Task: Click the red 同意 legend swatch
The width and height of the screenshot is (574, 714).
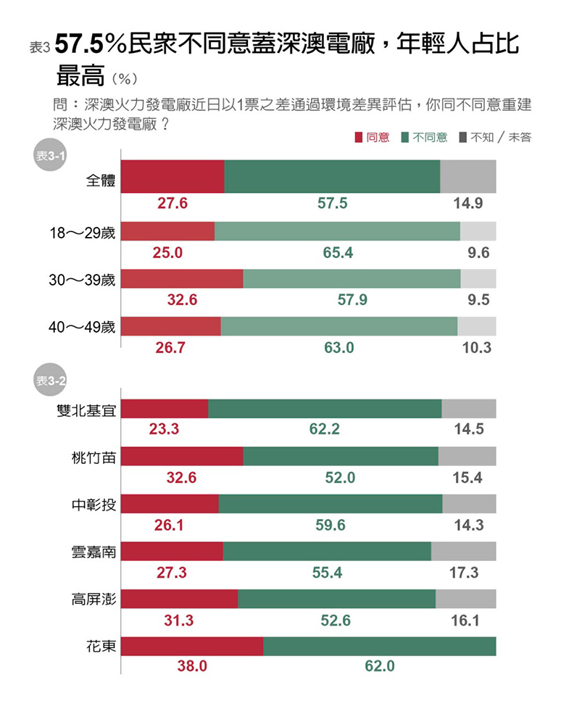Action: [x=358, y=138]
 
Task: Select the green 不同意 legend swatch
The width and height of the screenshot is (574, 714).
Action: [x=405, y=138]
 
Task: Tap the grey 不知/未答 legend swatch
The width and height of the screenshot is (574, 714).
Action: [x=462, y=138]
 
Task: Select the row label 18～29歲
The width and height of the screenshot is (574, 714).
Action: [x=82, y=231]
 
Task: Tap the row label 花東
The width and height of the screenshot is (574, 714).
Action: [x=101, y=646]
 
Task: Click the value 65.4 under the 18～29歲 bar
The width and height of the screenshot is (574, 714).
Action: [x=338, y=253]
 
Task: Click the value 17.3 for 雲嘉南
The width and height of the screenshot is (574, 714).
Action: [x=464, y=573]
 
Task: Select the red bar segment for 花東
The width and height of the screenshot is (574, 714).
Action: [x=192, y=647]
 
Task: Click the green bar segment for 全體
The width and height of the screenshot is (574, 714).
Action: [x=332, y=176]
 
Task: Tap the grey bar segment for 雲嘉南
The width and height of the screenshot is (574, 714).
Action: [x=463, y=551]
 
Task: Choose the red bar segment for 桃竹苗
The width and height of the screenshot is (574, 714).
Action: [x=182, y=456]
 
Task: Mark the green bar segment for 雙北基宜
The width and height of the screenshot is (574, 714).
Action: [x=325, y=409]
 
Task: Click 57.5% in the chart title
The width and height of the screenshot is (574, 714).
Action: [x=91, y=45]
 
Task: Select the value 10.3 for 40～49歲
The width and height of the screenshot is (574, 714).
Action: [x=476, y=348]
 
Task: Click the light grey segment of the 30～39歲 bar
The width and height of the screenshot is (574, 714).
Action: [x=478, y=278]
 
